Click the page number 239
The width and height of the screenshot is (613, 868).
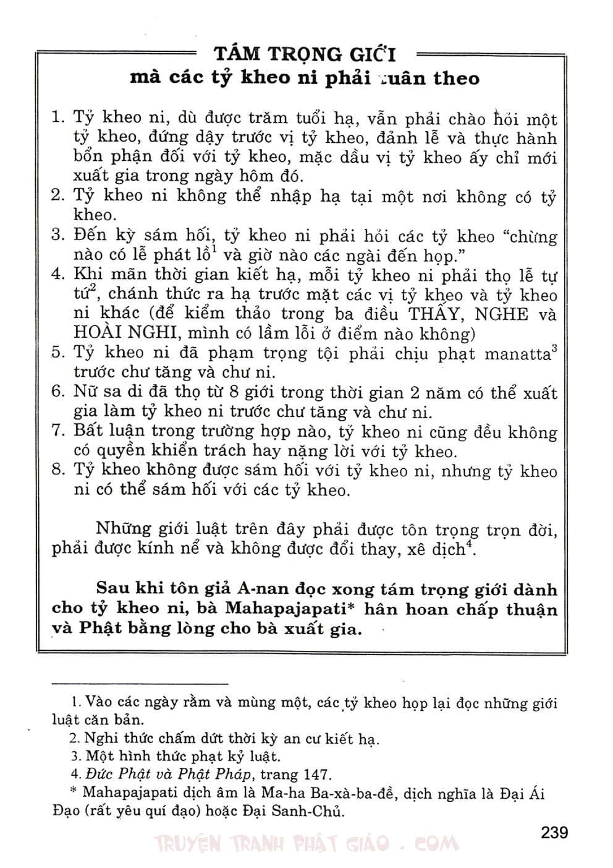click(554, 832)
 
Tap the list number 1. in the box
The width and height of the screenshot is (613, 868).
click(58, 118)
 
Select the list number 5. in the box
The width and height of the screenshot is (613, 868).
click(58, 353)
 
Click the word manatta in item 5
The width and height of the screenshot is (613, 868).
click(516, 355)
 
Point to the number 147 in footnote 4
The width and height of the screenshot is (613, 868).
click(316, 774)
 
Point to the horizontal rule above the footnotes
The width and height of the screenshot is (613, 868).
click(140, 683)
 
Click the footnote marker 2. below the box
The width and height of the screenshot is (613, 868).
click(75, 739)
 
